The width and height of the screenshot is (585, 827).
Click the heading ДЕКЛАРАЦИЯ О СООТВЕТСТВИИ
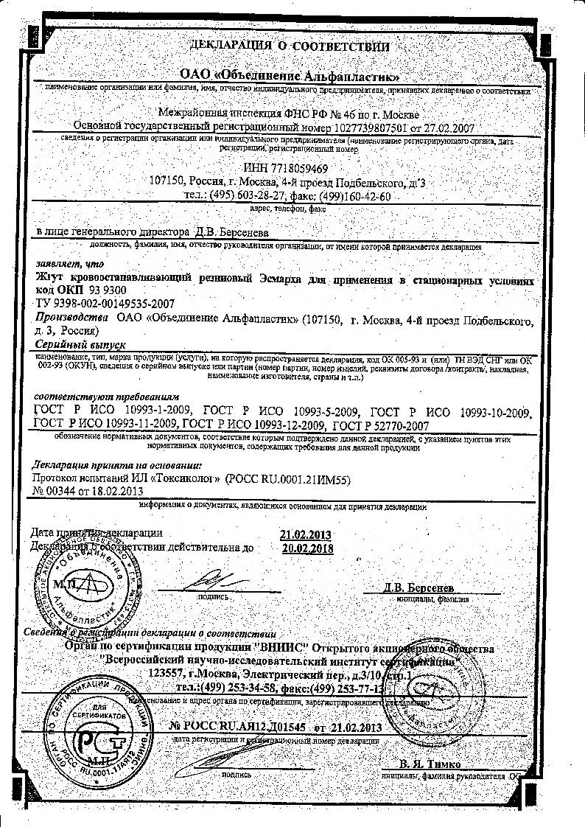tap(289, 46)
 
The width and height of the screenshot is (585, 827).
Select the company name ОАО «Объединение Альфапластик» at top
tap(291, 76)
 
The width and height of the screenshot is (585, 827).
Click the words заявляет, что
tap(60, 262)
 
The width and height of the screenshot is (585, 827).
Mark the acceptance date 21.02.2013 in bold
tap(306, 534)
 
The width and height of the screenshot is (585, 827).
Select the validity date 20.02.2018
tap(307, 548)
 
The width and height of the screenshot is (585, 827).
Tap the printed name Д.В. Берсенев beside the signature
tap(418, 588)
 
